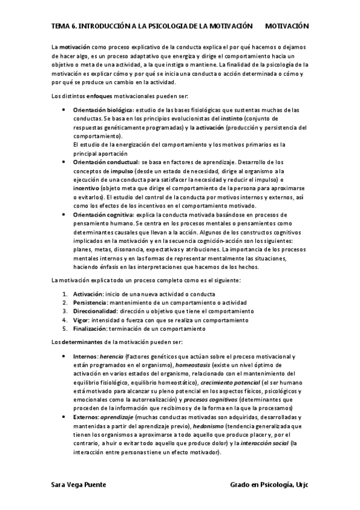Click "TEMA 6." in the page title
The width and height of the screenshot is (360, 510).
pos(61,26)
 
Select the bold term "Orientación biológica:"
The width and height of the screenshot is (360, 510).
pos(104,111)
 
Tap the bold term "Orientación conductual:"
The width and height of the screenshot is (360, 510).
pos(105,162)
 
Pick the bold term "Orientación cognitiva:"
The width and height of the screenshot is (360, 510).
pos(102,215)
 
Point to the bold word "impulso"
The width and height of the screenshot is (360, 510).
pos(121,171)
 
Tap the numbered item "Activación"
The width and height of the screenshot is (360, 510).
pos(88,294)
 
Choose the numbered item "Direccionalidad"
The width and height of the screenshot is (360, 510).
pos(95,312)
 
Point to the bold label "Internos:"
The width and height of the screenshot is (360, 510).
pos(85,356)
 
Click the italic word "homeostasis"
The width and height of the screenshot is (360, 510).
pos(194,365)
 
